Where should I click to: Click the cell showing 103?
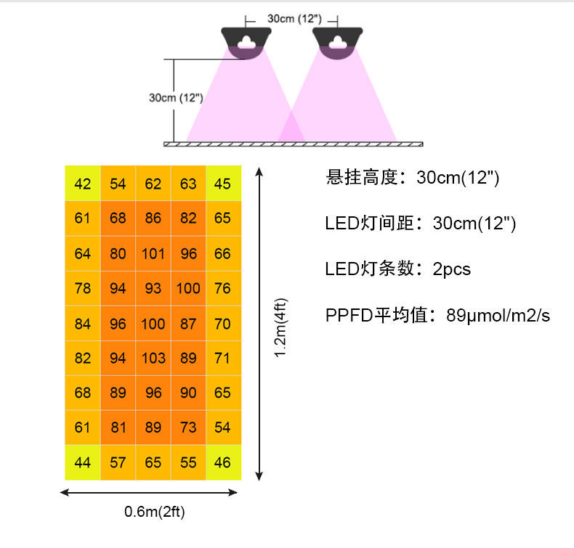[x=153, y=358]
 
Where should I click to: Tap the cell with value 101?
[x=153, y=253]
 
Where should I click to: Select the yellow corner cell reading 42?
[x=83, y=184]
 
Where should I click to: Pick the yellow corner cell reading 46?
[x=222, y=462]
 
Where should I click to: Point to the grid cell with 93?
[x=153, y=288]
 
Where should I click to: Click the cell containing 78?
[x=83, y=288]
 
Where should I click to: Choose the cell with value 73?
[x=187, y=428]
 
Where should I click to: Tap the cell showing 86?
[x=153, y=218]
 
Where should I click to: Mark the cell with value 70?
[x=222, y=323]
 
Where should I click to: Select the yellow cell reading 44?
[x=83, y=462]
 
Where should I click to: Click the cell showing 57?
[x=118, y=462]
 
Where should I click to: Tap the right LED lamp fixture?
[x=337, y=42]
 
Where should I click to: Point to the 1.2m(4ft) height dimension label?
[x=280, y=327]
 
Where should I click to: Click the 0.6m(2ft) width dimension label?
[x=154, y=512]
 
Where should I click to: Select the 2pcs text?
[x=451, y=269]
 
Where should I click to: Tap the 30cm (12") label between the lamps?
[x=291, y=17]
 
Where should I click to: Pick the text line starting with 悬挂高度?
[x=413, y=178]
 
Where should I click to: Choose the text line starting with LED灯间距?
[x=420, y=224]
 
